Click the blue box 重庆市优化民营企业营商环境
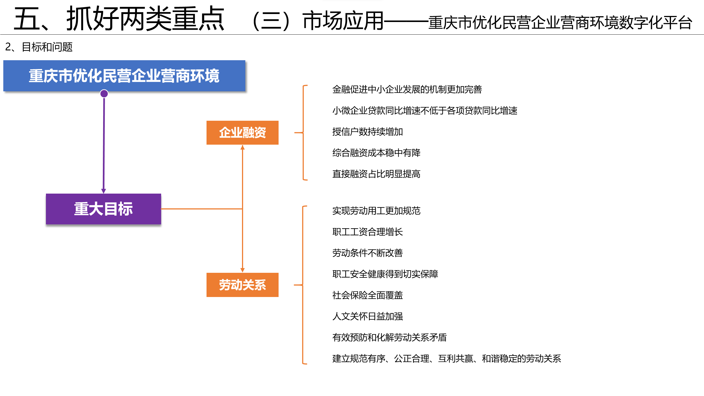pos(124,76)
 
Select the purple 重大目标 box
pos(103,209)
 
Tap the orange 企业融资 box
pos(243,133)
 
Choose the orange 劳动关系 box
pos(243,285)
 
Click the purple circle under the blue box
pos(104,94)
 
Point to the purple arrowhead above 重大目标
pos(104,191)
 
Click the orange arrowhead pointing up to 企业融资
pos(243,147)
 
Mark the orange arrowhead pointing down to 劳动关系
pos(243,270)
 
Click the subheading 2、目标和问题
pos(39,47)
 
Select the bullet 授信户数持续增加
pos(368,132)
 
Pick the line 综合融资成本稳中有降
pos(376,153)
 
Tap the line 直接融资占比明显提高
pos(376,174)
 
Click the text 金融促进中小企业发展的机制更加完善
pos(407,90)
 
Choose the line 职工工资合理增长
pos(368,232)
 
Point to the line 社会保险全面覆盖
pos(368,295)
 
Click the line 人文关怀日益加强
pos(368,317)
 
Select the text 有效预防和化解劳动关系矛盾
pos(390,337)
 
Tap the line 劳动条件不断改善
pos(368,253)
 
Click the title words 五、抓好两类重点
pos(119,19)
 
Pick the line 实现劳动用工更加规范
pos(376,211)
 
